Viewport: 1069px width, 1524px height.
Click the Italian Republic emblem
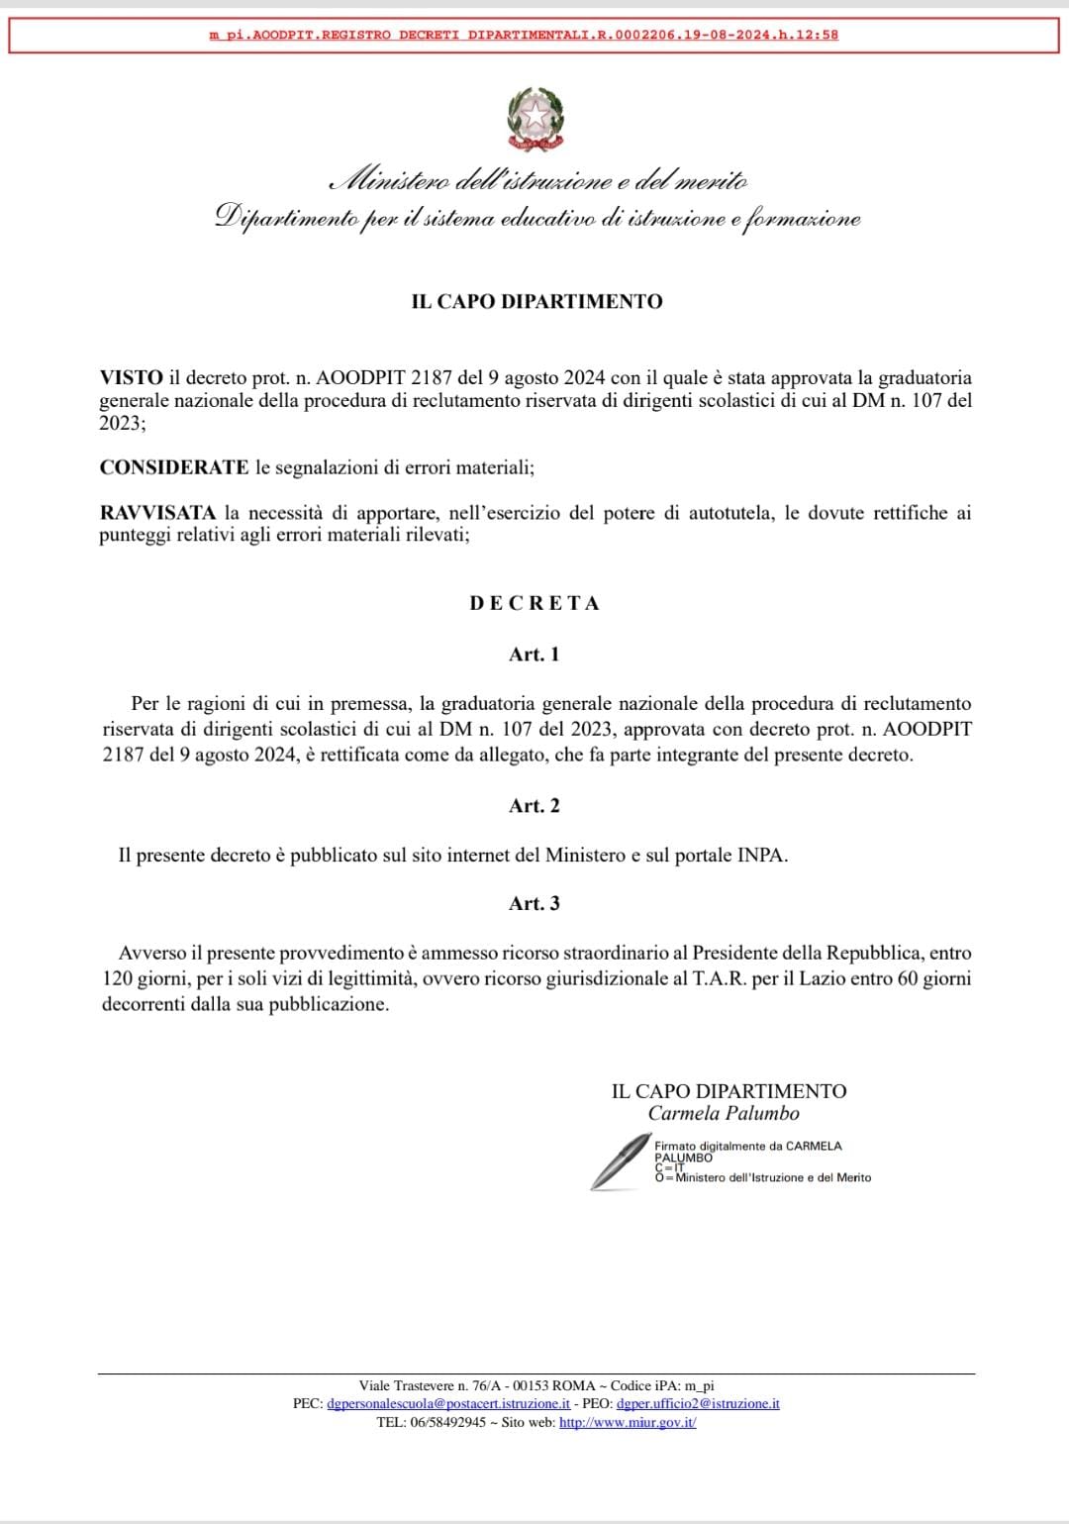pos(535,120)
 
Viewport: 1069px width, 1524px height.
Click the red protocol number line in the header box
pos(524,35)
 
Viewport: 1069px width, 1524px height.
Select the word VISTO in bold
pos(131,377)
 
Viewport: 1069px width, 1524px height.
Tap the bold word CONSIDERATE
pos(174,467)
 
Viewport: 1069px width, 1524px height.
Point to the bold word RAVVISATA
pos(157,513)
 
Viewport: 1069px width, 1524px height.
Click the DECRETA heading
pos(534,603)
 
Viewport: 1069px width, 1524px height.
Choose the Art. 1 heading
pos(534,655)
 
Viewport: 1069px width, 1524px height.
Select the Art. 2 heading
pos(534,806)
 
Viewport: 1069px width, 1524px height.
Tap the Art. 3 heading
pos(534,903)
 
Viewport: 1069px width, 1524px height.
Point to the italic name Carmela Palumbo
pos(724,1113)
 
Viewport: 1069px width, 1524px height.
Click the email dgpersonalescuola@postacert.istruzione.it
pos(448,1404)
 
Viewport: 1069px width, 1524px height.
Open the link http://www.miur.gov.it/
pos(628,1423)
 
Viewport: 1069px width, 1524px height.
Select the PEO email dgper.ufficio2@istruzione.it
pos(698,1404)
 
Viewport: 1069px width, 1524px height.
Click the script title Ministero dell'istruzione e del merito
pos(539,181)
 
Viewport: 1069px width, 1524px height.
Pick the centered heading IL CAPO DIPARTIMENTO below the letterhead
pos(536,301)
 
